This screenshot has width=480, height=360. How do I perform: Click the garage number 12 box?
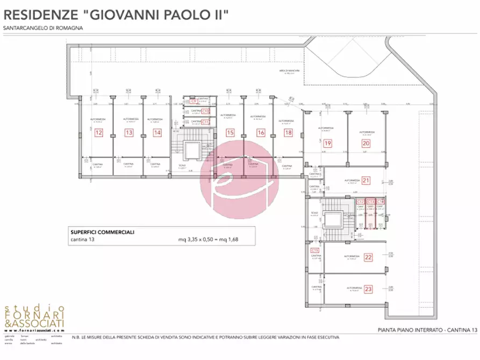coord(98,132)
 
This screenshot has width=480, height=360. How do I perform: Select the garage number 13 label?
coord(128,132)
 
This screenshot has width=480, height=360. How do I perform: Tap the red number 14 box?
coord(156,132)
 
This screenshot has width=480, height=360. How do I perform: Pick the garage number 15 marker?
coord(230,132)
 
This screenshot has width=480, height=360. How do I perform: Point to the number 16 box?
coord(261,132)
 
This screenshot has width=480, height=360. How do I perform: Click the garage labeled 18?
coord(289,132)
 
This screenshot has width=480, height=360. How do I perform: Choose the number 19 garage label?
coord(327,143)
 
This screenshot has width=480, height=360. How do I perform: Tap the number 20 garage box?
coord(366,143)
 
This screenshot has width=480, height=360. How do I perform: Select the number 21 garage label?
coord(366,180)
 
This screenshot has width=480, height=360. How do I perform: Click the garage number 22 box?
coord(368,257)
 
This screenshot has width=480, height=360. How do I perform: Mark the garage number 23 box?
coord(368,289)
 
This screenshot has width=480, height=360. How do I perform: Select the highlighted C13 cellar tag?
coord(370,202)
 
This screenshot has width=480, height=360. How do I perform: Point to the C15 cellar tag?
coord(314,250)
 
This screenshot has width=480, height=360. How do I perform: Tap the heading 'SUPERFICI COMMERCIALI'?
coord(102,232)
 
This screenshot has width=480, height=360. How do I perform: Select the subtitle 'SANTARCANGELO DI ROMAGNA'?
coord(43,28)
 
